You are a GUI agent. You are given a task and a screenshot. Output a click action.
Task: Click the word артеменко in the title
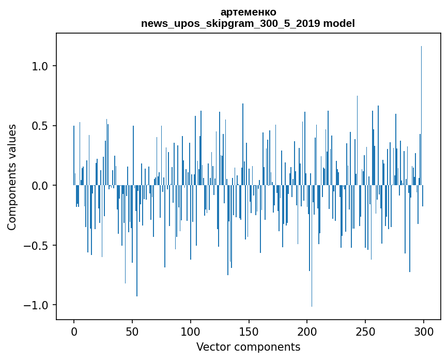[x=248, y=12]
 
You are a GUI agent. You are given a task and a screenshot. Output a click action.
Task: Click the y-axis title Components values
[x=12, y=177]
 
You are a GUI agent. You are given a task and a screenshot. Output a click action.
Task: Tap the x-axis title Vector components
[x=248, y=347]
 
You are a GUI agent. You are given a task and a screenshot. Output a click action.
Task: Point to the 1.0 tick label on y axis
[x=40, y=66]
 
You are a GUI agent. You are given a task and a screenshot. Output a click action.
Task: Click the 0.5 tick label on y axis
[x=40, y=126]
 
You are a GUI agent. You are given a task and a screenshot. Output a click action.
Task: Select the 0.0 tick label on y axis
[x=40, y=186]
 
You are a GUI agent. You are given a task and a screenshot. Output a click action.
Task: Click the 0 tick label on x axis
[x=74, y=331]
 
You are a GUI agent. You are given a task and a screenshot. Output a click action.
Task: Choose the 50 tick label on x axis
[x=132, y=331]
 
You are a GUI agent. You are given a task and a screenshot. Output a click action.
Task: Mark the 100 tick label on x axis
[x=190, y=331]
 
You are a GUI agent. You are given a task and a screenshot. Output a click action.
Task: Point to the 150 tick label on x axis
[x=249, y=331]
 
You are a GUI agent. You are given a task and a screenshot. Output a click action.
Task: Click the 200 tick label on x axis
[x=307, y=331]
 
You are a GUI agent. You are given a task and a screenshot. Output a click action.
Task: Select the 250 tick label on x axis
[x=365, y=331]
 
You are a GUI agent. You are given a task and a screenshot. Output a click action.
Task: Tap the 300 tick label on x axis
[x=424, y=331]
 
